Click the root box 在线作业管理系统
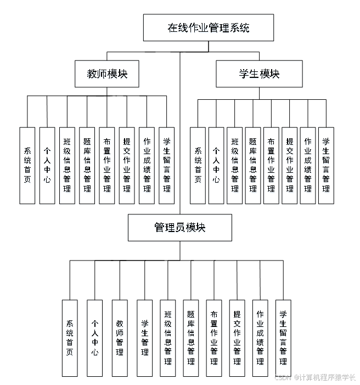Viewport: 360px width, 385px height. (208, 27)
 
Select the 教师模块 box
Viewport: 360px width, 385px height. (107, 73)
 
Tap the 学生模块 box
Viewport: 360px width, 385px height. (259, 73)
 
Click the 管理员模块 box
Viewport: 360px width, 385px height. (179, 227)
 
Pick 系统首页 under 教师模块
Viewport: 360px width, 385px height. (27, 165)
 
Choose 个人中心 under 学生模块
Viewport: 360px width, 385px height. (216, 165)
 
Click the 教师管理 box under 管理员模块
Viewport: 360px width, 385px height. (120, 337)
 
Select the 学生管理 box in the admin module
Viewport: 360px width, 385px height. (144, 337)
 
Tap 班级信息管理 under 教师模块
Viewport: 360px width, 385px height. (67, 165)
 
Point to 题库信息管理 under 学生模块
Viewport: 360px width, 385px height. (253, 165)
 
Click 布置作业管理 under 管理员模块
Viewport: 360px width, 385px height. (214, 337)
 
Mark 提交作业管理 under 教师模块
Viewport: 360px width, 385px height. (127, 165)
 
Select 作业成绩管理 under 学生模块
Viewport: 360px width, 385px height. (308, 165)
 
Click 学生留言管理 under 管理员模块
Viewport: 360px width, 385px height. (283, 337)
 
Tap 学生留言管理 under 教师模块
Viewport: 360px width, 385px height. (166, 165)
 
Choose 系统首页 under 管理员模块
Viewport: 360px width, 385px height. (70, 337)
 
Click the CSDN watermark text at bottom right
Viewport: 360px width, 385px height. (315, 377)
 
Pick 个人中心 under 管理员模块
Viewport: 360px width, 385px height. (95, 337)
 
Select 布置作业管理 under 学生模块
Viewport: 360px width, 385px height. (271, 165)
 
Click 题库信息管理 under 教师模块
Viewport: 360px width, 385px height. (87, 165)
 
